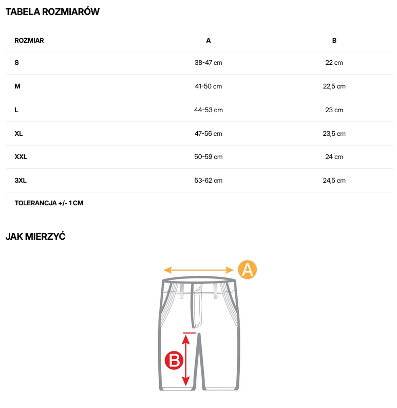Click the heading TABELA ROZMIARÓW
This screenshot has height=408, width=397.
52,12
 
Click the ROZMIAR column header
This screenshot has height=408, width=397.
29,40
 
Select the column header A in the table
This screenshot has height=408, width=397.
209,40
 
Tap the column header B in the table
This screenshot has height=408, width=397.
334,40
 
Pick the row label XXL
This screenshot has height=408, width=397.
21,157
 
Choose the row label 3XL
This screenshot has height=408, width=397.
21,181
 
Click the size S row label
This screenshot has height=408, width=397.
17,63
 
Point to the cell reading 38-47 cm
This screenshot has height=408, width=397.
209,63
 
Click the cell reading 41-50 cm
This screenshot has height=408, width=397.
209,86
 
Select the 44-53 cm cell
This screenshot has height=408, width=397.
209,110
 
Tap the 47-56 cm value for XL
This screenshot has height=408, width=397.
209,134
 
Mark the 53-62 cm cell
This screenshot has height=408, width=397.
209,181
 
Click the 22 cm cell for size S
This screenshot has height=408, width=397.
334,63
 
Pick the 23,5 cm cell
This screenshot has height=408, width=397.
334,134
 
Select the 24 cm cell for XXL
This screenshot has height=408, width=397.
334,157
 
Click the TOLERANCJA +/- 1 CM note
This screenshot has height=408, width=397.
49,203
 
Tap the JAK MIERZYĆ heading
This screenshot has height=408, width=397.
35,237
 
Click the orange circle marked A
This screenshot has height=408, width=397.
247,270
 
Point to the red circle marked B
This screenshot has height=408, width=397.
174,360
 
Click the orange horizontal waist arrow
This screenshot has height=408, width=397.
199,270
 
